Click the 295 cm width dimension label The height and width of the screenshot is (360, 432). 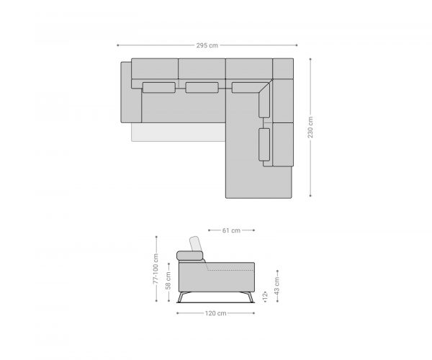tap(207, 45)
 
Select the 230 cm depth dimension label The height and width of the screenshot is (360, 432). tap(310, 127)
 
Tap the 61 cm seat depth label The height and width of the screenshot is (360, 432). tap(231, 230)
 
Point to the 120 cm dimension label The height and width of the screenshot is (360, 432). tap(215, 313)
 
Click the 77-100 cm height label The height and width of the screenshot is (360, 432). tap(156, 269)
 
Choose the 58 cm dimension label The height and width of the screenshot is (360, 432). tap(168, 280)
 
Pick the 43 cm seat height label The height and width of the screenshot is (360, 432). tap(277, 285)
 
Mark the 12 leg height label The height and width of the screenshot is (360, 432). tap(265, 296)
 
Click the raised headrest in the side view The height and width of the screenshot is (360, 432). tap(196, 243)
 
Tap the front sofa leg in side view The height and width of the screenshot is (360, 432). tap(248, 297)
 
